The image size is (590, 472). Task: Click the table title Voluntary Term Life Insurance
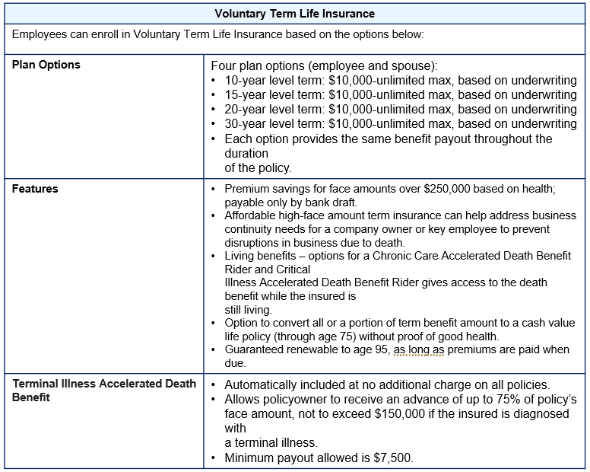tap(294, 14)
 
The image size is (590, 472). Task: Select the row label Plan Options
tap(46, 65)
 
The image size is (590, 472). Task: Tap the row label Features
tap(35, 189)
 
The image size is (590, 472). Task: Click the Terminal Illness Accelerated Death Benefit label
tap(103, 390)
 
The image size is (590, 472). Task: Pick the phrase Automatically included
tap(283, 384)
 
